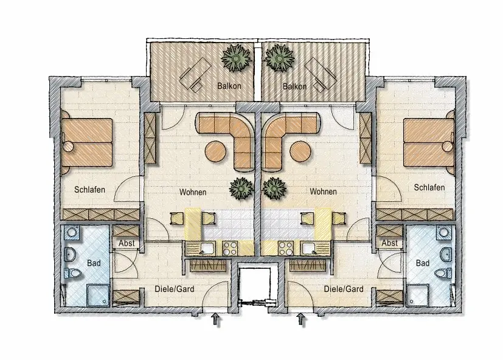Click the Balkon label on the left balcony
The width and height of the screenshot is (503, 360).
click(229, 86)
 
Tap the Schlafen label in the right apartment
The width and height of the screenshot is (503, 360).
click(429, 187)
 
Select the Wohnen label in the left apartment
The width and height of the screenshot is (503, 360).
click(193, 192)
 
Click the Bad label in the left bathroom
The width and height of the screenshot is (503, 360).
click(94, 263)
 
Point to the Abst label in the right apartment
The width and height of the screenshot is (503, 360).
click(389, 243)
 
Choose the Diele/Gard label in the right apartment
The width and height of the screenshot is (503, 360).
click(344, 289)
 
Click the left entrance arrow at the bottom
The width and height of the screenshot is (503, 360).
click(216, 320)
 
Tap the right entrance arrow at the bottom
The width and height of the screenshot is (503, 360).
click(300, 319)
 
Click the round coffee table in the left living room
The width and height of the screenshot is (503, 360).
click(215, 151)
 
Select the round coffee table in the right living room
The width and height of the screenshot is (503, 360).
click(300, 151)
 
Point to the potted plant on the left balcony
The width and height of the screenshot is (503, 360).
click(237, 58)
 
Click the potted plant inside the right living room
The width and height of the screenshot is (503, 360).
click(274, 189)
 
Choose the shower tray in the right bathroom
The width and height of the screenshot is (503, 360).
click(418, 294)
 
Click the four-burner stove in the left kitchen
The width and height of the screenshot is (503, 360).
click(230, 248)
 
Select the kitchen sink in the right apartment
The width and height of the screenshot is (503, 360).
click(309, 248)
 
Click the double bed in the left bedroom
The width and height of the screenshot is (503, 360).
click(87, 143)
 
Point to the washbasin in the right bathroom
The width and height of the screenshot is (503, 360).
click(446, 254)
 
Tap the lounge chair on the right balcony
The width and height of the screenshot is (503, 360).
click(321, 75)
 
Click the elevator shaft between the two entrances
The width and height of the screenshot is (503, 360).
click(258, 285)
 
